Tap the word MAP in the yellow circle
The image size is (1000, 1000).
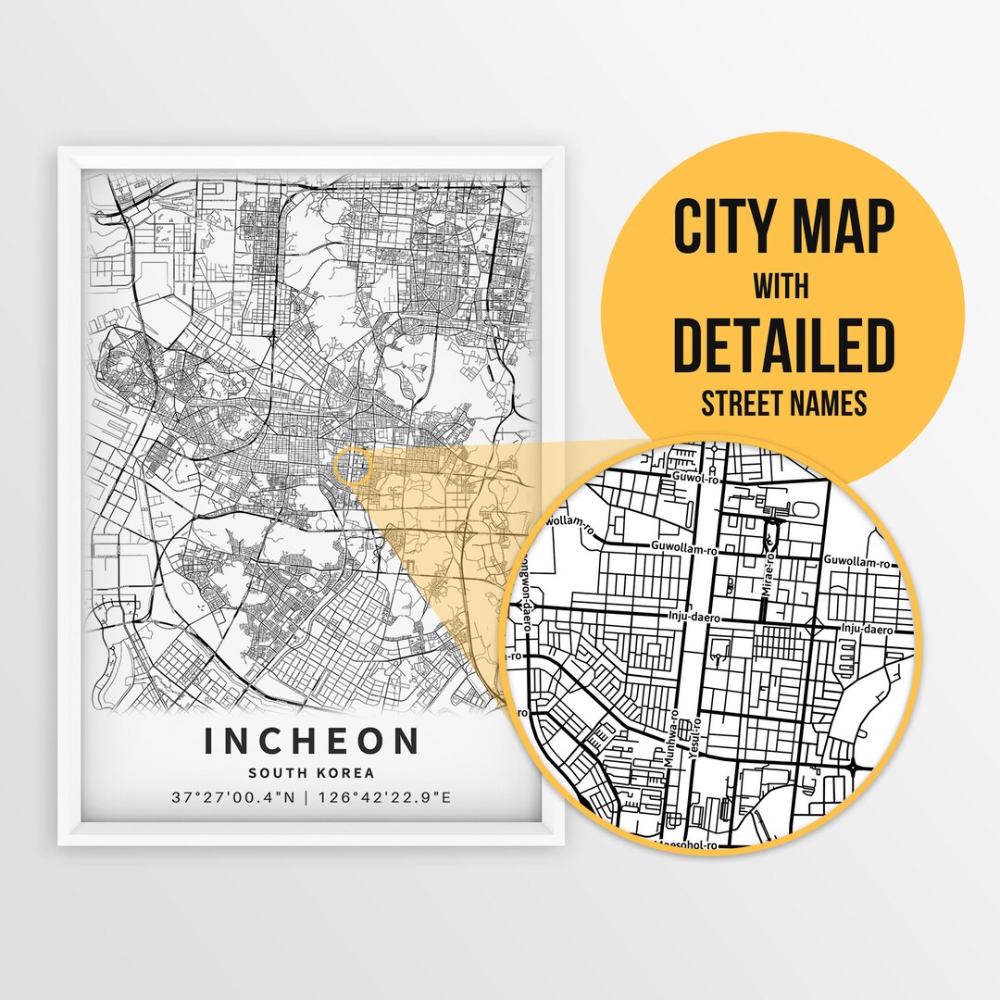tap(844, 227)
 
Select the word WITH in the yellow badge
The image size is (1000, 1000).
tap(781, 287)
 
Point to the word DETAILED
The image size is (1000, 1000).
tap(783, 345)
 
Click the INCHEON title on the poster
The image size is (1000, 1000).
tap(311, 741)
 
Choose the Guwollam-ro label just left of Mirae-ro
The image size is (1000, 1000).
tap(684, 549)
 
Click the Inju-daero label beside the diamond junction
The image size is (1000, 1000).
tap(866, 630)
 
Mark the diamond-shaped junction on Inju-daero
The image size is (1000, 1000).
tap(814, 628)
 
